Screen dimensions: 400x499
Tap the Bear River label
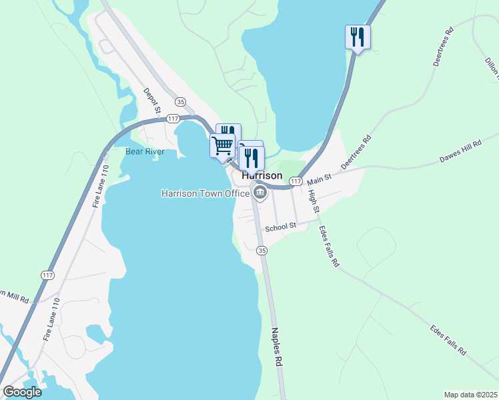[145, 151]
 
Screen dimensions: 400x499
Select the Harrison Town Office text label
[205, 193]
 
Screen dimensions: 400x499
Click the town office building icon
[260, 193]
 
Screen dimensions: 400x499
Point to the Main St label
[319, 179]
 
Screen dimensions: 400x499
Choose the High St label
[314, 201]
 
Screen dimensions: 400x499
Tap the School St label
[280, 227]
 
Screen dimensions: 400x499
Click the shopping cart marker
[222, 144]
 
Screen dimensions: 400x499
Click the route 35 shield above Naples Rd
[262, 251]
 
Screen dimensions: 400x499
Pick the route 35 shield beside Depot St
[180, 101]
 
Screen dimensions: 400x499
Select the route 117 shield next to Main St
[296, 181]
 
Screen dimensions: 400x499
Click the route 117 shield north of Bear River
[172, 119]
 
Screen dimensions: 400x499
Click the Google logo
[22, 392]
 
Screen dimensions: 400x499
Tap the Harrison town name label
[262, 176]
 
